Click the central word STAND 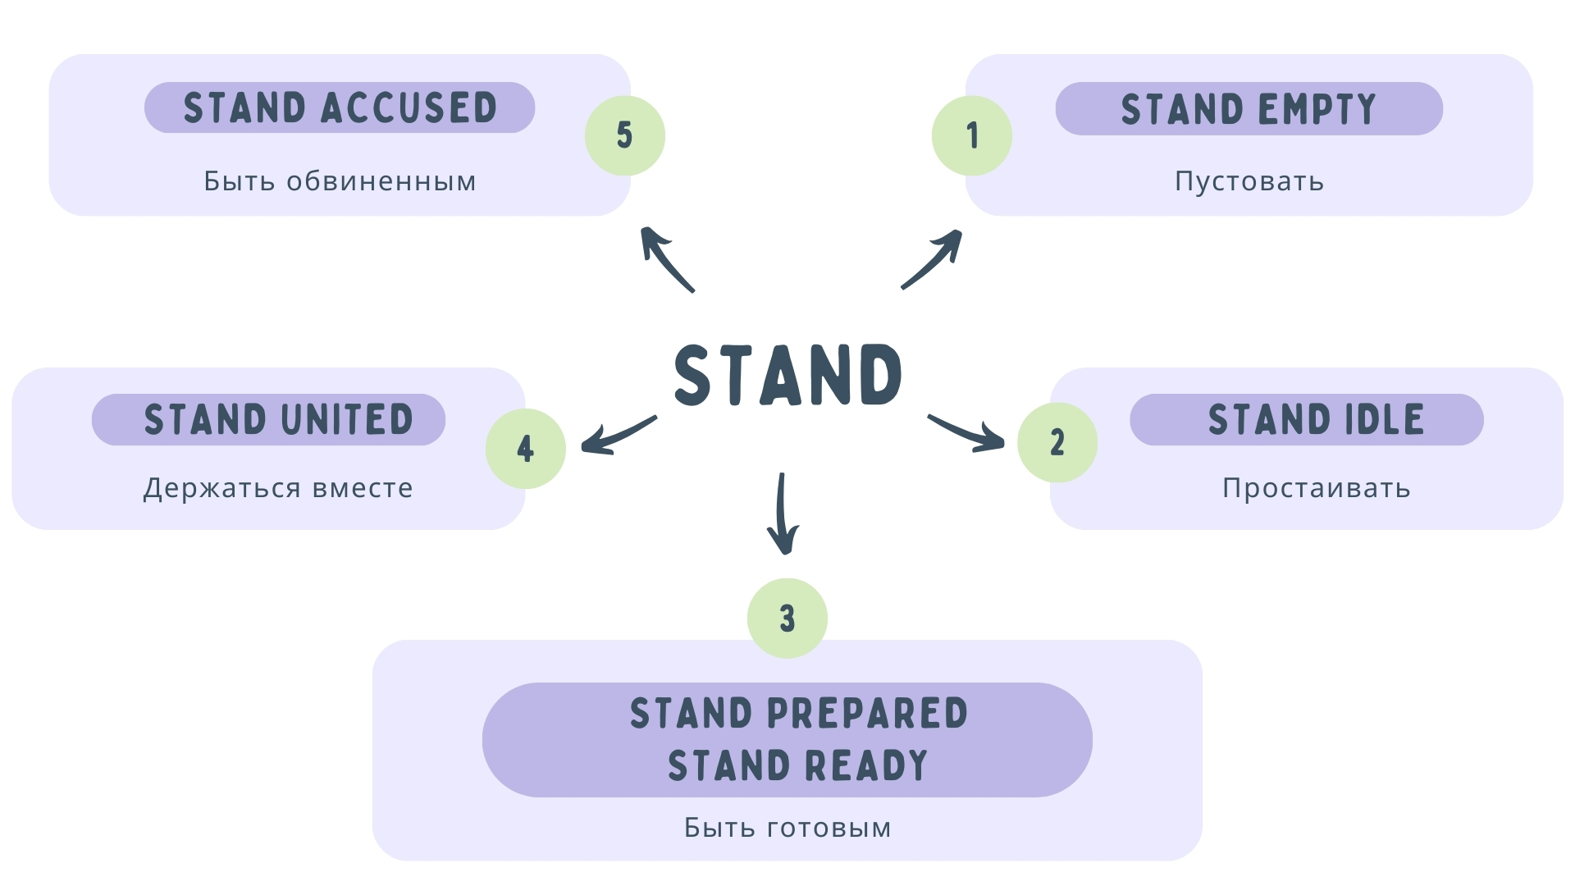coord(787,375)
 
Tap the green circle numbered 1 coord(972,135)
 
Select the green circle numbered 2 coord(1057,442)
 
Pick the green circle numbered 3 coord(787,618)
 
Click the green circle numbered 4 coord(526,449)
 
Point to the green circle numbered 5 coord(625,135)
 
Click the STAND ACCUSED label coord(340,107)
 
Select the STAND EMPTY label coord(1249,108)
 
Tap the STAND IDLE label coord(1316,419)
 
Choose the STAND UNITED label coord(278,419)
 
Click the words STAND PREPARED coord(798,713)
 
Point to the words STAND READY coord(797,765)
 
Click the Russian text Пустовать coord(1249,180)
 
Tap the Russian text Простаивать coord(1316,488)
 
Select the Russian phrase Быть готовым coord(787,828)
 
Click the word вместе coord(363,488)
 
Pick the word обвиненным coord(381,180)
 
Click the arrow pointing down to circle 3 coord(783,515)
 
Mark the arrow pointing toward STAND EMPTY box coord(934,260)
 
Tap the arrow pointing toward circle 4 coord(617,435)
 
